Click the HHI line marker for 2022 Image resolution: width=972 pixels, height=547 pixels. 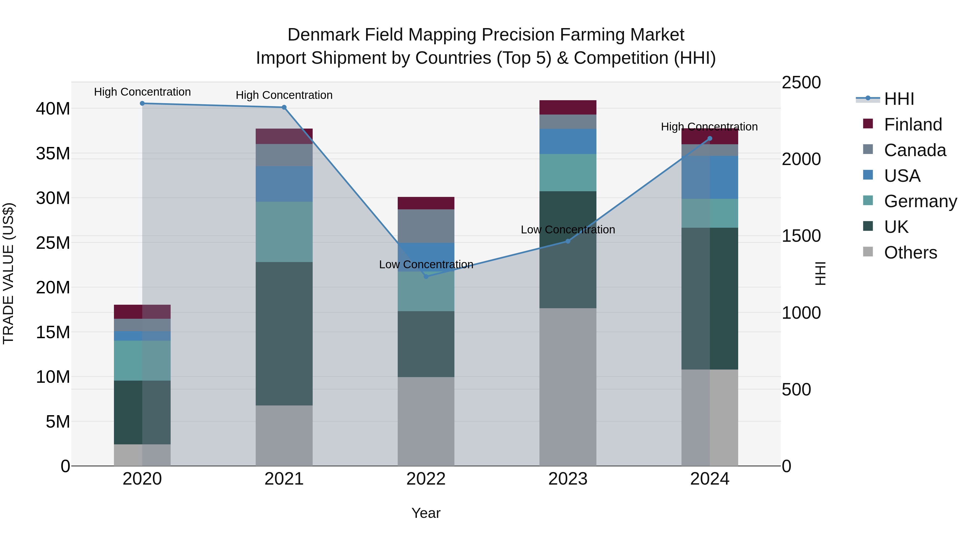(426, 276)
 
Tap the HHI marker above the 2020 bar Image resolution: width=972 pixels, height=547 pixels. (142, 103)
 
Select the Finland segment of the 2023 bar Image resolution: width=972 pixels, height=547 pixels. (568, 107)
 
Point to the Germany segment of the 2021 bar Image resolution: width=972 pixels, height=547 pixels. (284, 232)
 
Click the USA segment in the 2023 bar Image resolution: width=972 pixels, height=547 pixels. (568, 141)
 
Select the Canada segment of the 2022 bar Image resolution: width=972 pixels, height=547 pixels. (426, 226)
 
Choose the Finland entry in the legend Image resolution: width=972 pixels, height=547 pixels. (913, 125)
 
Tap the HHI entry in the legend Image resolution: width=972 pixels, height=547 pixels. (899, 99)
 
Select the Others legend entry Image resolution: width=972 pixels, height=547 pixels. (910, 253)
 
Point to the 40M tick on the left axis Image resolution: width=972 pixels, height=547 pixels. (53, 109)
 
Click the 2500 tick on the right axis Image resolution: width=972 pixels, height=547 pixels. (801, 83)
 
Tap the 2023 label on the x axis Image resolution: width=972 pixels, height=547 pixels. (568, 479)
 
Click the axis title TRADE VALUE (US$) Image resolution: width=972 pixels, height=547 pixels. (8, 273)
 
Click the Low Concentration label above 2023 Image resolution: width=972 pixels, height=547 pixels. (568, 230)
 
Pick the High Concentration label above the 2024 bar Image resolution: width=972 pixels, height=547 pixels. (709, 127)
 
